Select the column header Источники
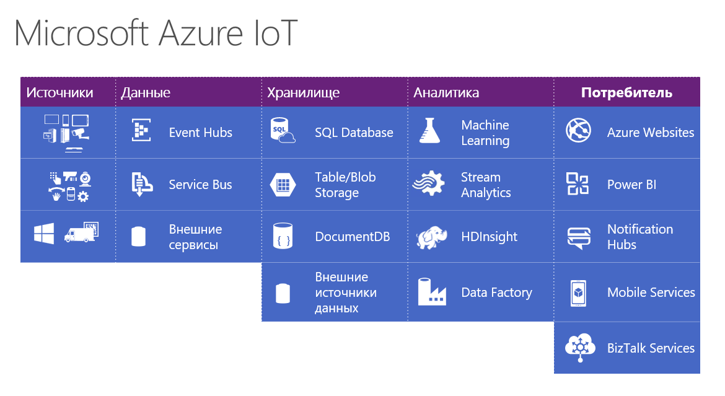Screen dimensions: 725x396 [x=59, y=93]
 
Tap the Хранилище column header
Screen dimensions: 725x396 [x=303, y=93]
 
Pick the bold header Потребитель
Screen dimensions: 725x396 [x=626, y=93]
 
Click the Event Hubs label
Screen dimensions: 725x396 [x=200, y=133]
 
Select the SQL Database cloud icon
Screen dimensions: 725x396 [x=283, y=132]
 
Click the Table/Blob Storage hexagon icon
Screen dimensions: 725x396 [x=283, y=185]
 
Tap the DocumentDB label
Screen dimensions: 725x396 [x=352, y=237]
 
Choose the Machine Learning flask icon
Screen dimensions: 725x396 [x=429, y=132]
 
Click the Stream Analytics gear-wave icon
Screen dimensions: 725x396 [x=429, y=185]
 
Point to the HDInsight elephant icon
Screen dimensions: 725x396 [x=429, y=237]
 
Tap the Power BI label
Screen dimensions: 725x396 [x=631, y=185]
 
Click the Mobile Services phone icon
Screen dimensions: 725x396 [x=578, y=293]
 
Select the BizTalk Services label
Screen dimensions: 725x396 [x=651, y=348]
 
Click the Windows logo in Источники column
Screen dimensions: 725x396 [x=44, y=234]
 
